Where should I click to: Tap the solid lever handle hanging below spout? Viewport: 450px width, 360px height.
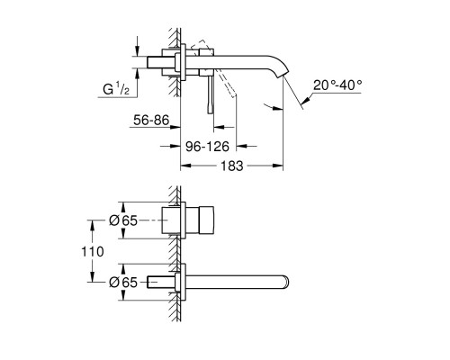tap(213, 96)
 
